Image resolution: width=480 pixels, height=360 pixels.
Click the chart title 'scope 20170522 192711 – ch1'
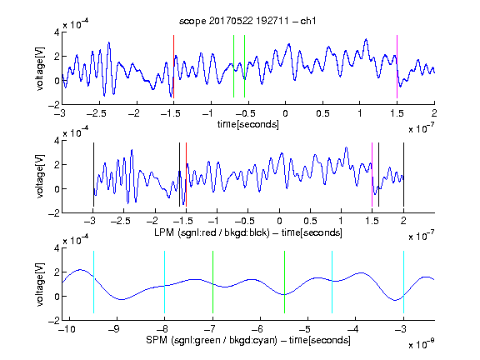pos(247,21)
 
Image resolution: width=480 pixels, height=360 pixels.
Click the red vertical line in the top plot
pos(173,67)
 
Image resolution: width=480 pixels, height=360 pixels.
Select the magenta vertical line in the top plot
pos(397,67)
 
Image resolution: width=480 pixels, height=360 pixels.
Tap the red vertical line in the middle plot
pos(186,174)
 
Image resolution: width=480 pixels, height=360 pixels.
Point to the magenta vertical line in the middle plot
pos(372,174)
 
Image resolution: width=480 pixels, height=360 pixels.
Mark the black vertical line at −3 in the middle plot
pos(93,174)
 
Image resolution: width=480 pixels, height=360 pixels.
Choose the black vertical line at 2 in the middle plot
pos(403,174)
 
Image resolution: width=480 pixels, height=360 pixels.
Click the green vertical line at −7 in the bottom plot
pos(212,282)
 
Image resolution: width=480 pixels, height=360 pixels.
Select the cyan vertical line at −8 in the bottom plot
pos(165,282)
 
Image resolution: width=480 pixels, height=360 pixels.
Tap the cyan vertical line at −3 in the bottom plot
pos(403,282)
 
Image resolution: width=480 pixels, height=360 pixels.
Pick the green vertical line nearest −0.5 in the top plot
pos(245,67)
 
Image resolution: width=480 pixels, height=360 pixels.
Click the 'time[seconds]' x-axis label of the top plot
pos(248,124)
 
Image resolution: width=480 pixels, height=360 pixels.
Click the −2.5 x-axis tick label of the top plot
pos(96,113)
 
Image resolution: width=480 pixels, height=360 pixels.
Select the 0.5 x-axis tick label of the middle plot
pos(310,221)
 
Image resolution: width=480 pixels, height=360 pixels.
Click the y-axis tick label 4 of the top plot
pos(57,32)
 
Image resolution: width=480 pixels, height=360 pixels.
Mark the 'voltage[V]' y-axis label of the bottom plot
pos(40,285)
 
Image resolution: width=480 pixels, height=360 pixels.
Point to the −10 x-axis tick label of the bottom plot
pos(67,329)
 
